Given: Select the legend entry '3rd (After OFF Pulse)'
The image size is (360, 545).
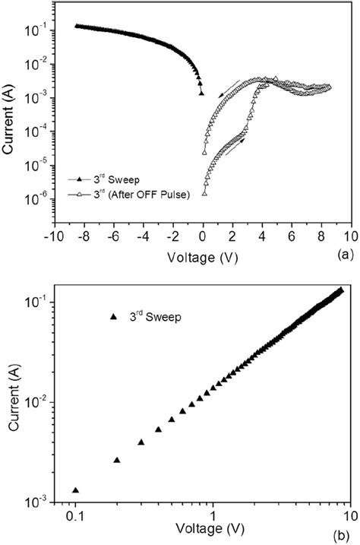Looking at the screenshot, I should tap(135, 195).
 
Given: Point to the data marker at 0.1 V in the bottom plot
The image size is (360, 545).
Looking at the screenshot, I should tap(75, 490).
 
